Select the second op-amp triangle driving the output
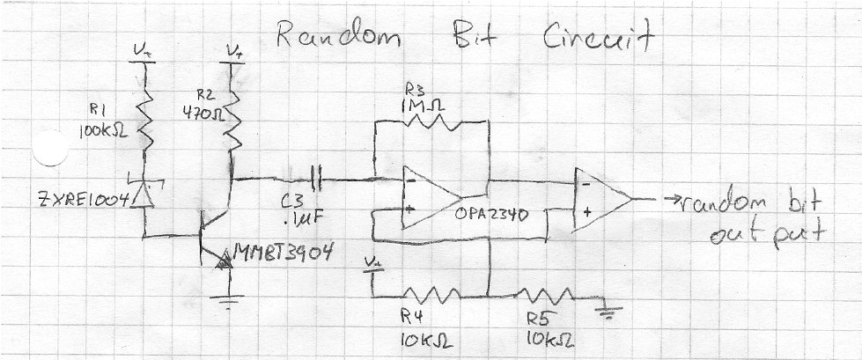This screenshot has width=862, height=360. click(599, 200)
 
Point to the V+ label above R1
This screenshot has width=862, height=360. click(143, 52)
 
